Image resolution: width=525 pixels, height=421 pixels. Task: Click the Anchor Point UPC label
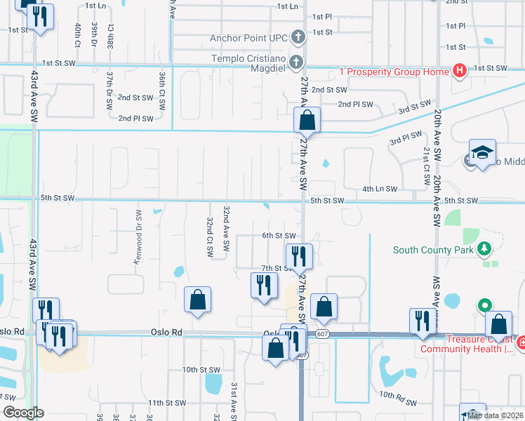click(249, 38)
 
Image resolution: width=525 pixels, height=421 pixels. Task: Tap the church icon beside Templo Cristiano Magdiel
click(297, 62)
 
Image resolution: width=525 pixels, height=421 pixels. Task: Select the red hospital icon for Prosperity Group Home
click(460, 70)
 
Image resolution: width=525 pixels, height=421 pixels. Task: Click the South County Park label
click(433, 250)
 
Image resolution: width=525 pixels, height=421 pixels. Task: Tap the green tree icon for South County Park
click(483, 249)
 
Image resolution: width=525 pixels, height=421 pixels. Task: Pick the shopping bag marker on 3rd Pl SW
click(307, 120)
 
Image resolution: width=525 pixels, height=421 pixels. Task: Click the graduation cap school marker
click(482, 153)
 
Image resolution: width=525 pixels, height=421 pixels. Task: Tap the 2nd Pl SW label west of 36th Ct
click(136, 119)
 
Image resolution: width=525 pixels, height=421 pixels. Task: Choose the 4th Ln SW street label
click(380, 189)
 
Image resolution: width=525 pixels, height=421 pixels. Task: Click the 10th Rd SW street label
click(399, 404)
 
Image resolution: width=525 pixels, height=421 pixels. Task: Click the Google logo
click(23, 413)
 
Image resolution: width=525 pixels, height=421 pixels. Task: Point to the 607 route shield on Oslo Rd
click(321, 335)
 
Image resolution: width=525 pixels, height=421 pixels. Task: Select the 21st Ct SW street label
click(425, 166)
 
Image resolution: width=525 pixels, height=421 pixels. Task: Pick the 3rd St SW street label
click(414, 106)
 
